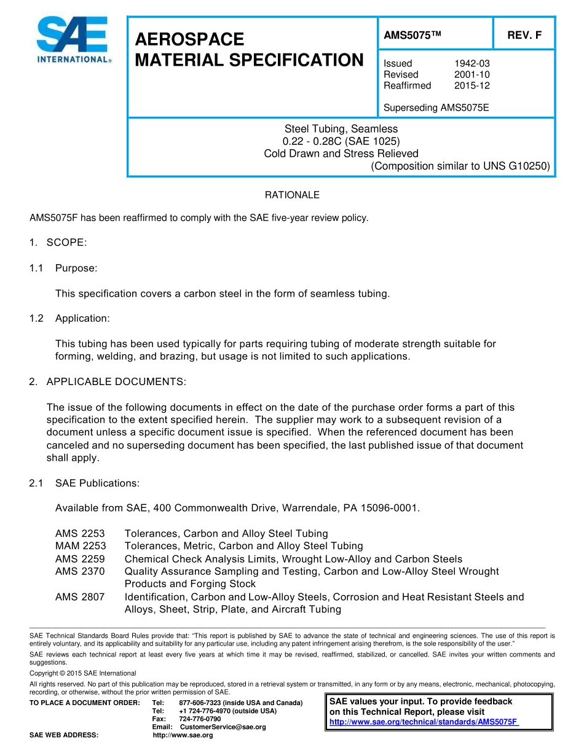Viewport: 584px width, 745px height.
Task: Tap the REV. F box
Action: (524, 36)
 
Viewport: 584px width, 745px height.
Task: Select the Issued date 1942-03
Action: (472, 63)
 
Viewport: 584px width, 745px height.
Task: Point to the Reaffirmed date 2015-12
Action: (472, 85)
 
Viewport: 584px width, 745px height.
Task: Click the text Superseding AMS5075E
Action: (436, 107)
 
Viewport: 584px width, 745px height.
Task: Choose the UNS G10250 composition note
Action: (460, 166)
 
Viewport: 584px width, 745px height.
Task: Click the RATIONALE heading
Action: (292, 195)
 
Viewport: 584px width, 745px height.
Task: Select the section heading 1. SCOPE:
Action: (58, 243)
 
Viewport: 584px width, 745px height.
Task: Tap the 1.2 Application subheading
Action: (70, 318)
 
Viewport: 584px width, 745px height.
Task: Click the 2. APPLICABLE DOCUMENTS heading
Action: (108, 382)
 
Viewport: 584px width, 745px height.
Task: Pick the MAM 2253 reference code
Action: (81, 546)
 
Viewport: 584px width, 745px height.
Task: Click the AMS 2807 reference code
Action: (80, 597)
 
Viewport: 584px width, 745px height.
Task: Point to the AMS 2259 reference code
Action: (80, 559)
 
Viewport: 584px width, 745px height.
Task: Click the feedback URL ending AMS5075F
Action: (424, 722)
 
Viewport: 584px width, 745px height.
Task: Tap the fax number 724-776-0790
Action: (200, 719)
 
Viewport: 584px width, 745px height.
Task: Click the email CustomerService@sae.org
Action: (223, 727)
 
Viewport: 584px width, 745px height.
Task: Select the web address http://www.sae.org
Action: (183, 735)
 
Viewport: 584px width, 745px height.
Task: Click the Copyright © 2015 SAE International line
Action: (83, 673)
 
